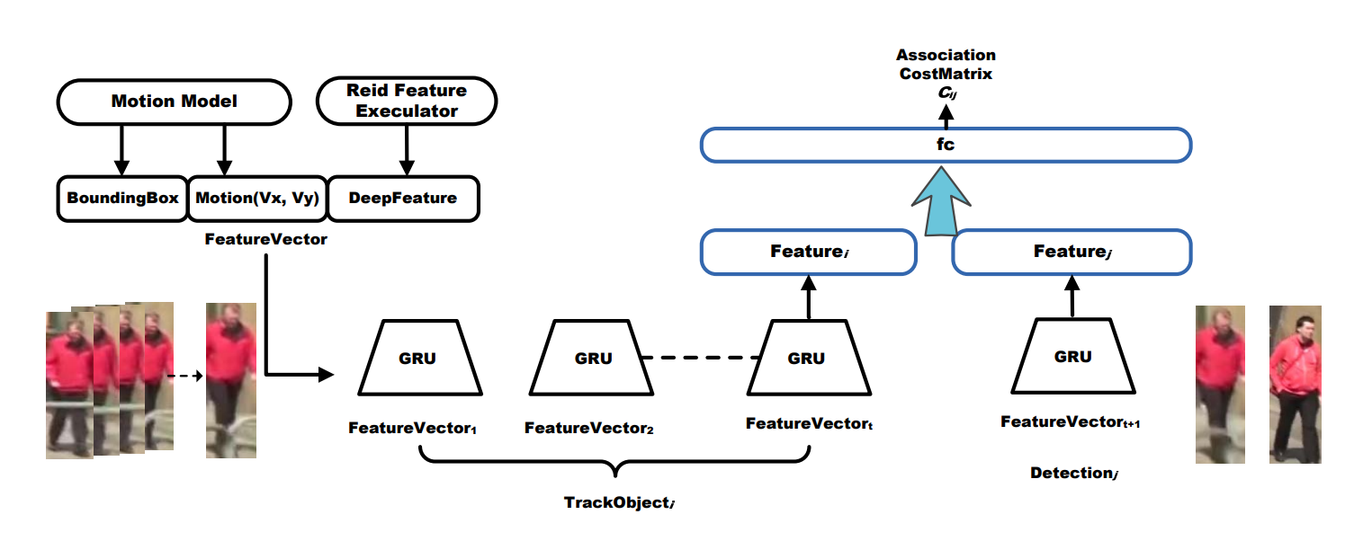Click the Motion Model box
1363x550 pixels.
175,101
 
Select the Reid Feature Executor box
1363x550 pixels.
407,101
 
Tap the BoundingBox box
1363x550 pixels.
122,198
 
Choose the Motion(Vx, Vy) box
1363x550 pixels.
256,198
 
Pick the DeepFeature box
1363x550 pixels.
402,198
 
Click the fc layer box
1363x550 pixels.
946,145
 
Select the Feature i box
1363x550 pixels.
808,253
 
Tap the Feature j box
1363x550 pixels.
1071,253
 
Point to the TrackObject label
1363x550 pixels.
619,502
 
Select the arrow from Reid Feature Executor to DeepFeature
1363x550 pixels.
407,148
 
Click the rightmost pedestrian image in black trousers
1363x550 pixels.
1295,385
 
